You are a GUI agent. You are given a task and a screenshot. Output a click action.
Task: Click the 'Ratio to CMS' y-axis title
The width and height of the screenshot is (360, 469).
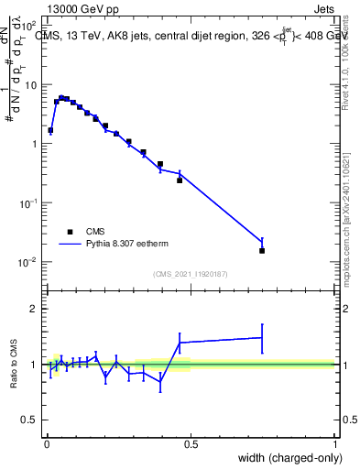[16, 365]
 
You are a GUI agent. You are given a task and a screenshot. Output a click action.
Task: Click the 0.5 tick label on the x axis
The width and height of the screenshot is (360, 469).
[191, 443]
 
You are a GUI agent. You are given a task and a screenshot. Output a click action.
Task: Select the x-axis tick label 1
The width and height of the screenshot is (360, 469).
[335, 443]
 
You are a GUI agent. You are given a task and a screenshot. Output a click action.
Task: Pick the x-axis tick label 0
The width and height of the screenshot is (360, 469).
[46, 443]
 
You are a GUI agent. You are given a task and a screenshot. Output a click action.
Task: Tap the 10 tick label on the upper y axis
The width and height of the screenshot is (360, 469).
[29, 85]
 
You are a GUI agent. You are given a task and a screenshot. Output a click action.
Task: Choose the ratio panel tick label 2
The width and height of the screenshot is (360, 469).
[33, 309]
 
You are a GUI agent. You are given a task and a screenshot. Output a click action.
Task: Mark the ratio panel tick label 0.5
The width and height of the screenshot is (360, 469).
[29, 420]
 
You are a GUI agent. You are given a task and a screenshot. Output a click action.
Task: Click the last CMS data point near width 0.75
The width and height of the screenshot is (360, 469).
[262, 250]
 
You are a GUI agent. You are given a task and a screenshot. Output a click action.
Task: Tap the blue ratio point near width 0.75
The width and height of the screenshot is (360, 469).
[262, 338]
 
